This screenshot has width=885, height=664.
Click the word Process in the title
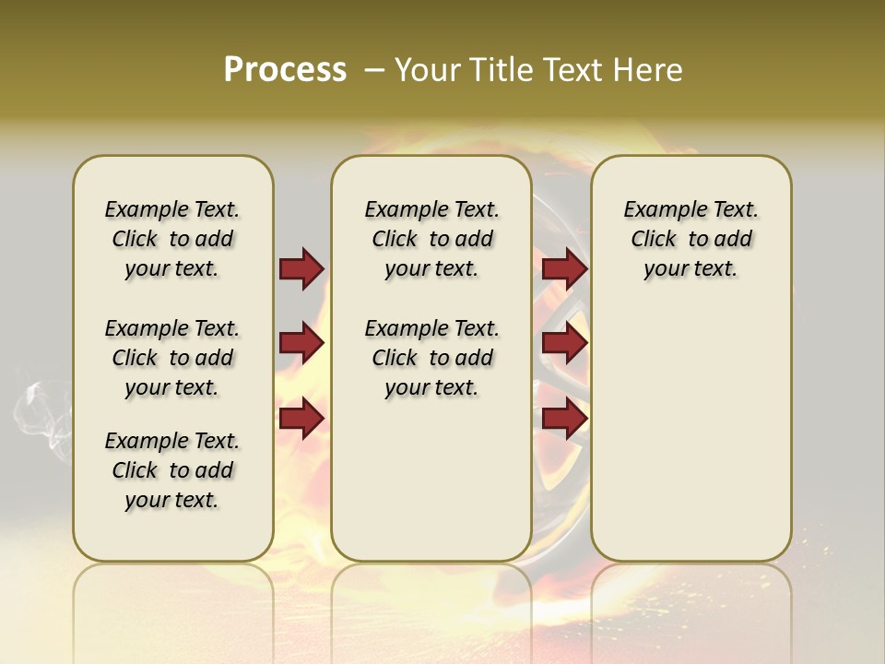(285, 70)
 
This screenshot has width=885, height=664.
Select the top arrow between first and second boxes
(301, 268)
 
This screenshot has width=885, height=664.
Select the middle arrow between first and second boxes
(301, 343)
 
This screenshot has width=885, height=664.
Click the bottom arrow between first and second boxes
(301, 418)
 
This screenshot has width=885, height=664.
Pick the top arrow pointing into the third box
(564, 268)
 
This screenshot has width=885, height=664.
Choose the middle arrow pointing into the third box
(564, 343)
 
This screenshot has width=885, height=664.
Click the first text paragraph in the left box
(172, 239)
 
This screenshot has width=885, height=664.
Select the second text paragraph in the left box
(172, 358)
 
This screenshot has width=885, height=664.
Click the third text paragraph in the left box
(172, 470)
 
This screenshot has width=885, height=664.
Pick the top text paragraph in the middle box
(431, 239)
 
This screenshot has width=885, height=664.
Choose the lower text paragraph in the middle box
(431, 358)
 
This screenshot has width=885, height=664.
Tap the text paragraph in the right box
(690, 239)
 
